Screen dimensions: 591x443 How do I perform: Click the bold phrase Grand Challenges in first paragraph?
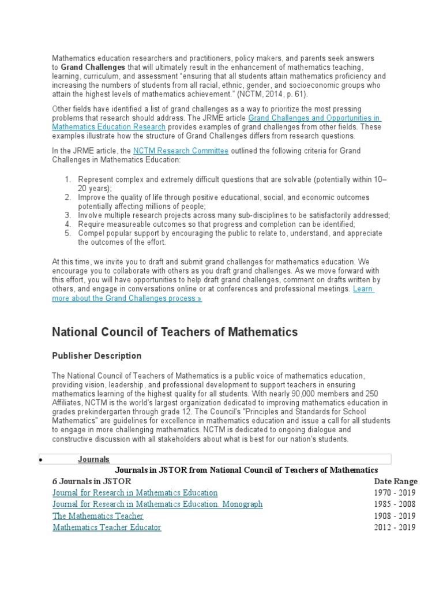(93, 68)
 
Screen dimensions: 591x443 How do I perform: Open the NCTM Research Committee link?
(181, 151)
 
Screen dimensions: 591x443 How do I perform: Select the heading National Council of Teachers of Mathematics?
(175, 332)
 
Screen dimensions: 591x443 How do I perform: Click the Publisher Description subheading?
(96, 356)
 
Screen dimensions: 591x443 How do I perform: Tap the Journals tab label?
(93, 459)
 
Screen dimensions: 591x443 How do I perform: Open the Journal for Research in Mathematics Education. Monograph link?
(157, 504)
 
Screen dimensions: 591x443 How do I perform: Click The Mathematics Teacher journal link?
(97, 515)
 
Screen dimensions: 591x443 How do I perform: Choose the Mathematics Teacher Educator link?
(107, 527)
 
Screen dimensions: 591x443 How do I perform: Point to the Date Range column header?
(396, 481)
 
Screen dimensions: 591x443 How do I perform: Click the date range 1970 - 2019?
(395, 493)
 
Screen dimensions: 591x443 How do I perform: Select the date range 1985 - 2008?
(395, 504)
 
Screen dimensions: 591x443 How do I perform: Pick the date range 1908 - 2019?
(395, 515)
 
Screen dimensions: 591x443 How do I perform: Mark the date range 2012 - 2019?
(395, 527)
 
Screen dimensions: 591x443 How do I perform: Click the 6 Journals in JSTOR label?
(92, 481)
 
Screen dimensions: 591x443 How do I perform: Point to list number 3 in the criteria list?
(67, 215)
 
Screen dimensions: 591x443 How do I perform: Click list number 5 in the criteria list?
(67, 233)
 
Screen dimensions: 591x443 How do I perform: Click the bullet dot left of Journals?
(40, 461)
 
